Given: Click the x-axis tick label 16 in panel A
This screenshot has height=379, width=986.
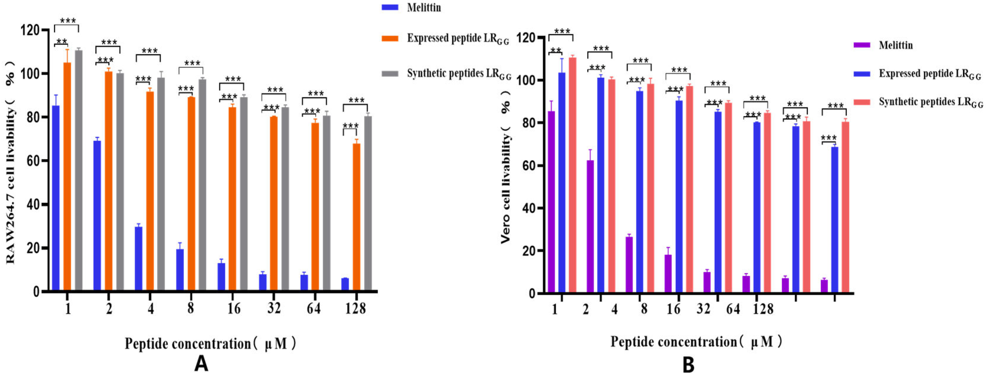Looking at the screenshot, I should (234, 308).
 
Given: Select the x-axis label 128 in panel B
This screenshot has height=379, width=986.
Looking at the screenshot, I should (763, 309).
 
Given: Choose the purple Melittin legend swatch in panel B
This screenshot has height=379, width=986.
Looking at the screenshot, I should (862, 45).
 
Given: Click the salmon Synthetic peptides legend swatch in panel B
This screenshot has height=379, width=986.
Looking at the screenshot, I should (862, 102).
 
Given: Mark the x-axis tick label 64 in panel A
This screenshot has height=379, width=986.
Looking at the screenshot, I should (313, 308).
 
